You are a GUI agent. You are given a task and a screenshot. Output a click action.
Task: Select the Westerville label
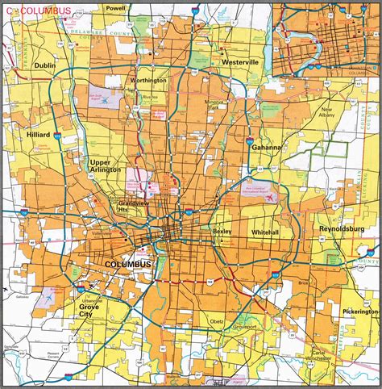coord(239,61)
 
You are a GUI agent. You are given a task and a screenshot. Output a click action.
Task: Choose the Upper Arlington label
coord(106,166)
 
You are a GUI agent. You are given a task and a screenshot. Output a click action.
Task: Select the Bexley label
coord(222,231)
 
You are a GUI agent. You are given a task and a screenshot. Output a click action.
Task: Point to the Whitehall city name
coord(265,232)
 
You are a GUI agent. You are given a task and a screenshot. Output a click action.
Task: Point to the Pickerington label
coord(359,310)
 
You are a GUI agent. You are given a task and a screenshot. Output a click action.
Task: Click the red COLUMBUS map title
coord(45,11)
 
